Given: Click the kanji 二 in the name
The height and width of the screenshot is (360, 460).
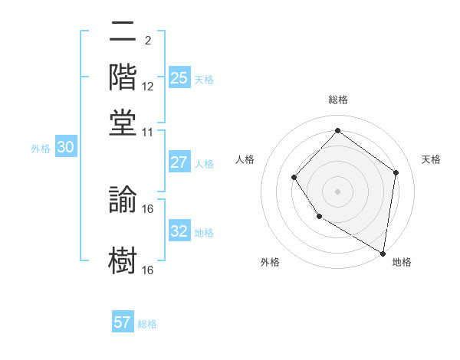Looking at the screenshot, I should tap(123, 34).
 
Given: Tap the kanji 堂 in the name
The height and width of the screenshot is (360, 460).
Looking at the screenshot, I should tap(123, 121).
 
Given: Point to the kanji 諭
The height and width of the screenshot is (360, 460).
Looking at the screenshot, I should tap(123, 198).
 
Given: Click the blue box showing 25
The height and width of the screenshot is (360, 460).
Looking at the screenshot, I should tap(179, 78).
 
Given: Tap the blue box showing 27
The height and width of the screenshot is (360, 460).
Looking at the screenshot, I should tap(179, 162).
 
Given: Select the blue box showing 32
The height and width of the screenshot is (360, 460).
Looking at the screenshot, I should tap(179, 231).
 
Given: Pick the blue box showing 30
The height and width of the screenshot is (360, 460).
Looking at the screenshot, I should tap(65, 148).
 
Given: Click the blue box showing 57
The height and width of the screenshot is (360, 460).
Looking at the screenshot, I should tap(123, 322).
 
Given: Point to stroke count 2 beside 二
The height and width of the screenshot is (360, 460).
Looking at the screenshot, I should tap(148, 40).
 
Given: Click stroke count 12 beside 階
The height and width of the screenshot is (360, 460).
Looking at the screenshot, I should tap(148, 86).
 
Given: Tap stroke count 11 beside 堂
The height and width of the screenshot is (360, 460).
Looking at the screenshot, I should tap(148, 133).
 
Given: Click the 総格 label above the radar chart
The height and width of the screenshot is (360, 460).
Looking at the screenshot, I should tap(337, 100).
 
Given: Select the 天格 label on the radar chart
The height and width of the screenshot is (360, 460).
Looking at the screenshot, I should tap(431, 159).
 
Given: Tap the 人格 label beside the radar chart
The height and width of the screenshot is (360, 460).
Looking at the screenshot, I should tap(245, 159).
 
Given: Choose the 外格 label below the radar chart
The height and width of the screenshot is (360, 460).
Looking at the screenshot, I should tap(270, 263).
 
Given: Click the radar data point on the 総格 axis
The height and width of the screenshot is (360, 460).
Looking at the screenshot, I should tap(337, 131).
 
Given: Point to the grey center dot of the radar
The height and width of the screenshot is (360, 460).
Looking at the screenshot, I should tap(337, 191).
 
